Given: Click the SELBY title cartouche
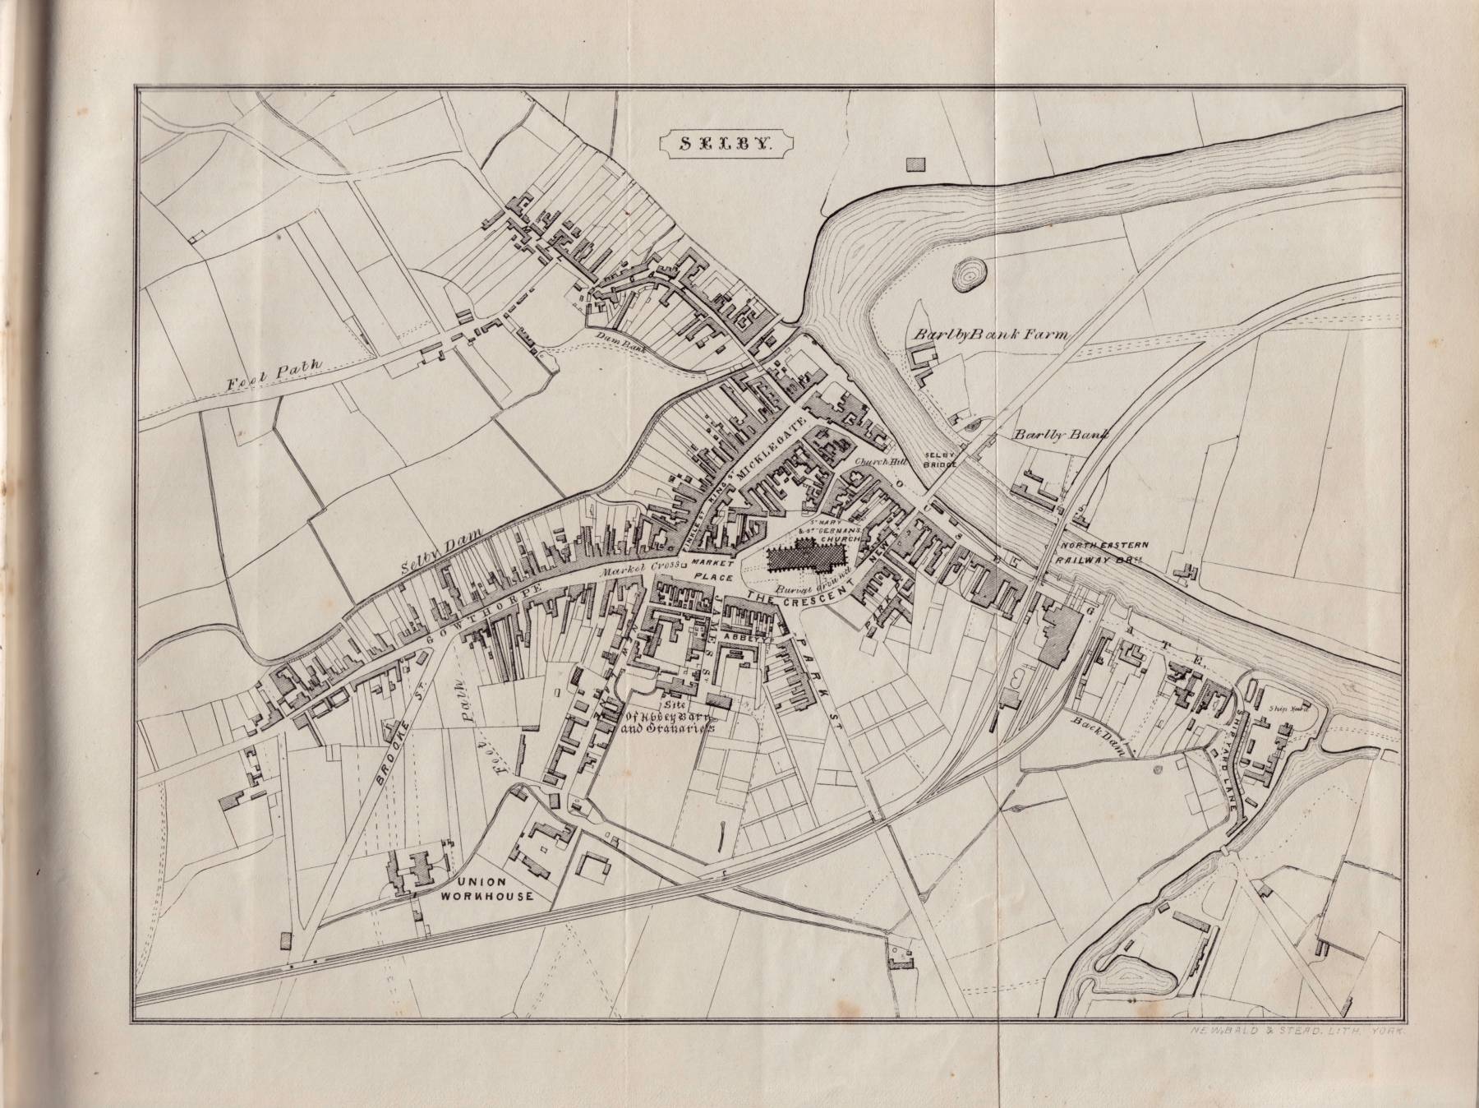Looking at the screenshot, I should click(x=726, y=141).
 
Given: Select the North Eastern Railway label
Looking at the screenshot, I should click(x=1101, y=552).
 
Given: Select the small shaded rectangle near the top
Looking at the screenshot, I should click(x=915, y=164).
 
